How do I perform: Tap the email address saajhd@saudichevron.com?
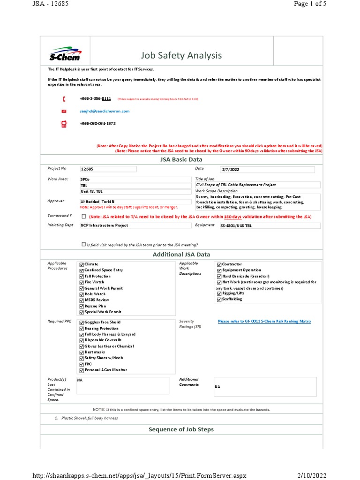(x=105, y=111)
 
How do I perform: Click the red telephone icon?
(x=64, y=99)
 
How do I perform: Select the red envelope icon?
(x=64, y=111)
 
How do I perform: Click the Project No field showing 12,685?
(x=108, y=169)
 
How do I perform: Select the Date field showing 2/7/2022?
(x=267, y=169)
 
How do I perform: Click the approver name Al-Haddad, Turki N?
(x=97, y=202)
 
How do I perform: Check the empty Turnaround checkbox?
(x=84, y=217)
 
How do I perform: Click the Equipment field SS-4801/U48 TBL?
(x=270, y=225)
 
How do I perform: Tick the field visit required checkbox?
(x=84, y=244)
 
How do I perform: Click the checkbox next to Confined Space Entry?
(x=82, y=270)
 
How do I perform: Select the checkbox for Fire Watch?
(x=82, y=282)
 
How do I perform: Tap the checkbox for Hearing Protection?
(x=82, y=329)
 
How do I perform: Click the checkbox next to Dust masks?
(x=82, y=352)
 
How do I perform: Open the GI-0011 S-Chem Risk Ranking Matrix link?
(x=264, y=321)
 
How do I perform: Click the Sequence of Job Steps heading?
(x=181, y=429)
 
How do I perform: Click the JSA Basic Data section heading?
(x=181, y=160)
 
